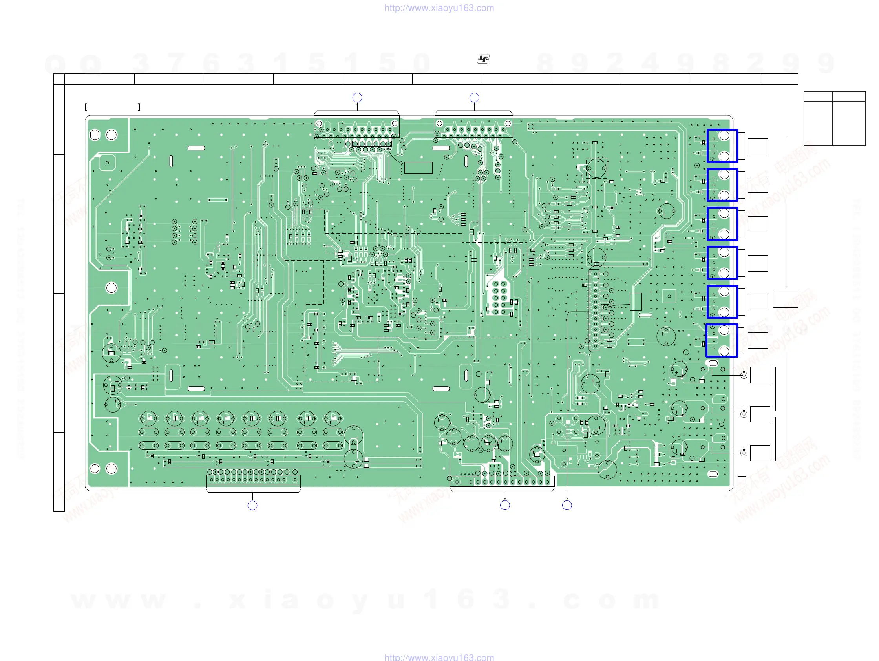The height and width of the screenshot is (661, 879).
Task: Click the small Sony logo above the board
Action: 483,59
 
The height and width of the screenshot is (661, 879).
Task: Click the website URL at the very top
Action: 439,8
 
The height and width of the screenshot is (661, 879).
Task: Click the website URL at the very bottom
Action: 439,657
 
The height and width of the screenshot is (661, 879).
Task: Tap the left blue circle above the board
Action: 357,98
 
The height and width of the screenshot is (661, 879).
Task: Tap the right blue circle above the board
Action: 474,98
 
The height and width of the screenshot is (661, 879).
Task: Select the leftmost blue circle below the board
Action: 252,505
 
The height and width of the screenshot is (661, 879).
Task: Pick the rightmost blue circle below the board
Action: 567,505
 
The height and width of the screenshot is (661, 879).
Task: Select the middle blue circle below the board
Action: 505,505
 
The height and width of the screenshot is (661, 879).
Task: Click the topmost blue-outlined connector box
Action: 722,146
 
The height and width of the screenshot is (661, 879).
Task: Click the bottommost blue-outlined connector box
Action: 722,340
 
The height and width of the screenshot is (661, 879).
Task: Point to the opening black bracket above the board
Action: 86,107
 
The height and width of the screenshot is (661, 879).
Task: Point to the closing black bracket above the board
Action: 139,107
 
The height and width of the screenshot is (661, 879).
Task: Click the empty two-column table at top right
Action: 834,119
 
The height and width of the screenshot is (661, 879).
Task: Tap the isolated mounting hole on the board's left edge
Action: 111,288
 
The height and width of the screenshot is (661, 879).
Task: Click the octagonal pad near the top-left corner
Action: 107,163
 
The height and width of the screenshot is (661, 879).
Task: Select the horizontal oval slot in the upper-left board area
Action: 196,148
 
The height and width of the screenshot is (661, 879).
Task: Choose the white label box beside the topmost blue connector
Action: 757,146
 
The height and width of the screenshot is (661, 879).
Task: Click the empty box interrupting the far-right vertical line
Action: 785,299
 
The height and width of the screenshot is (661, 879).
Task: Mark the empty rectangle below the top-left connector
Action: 418,168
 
